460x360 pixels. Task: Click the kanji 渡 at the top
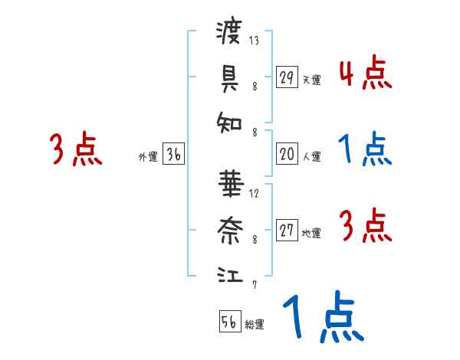click(229, 34)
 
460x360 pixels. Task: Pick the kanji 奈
click(229, 227)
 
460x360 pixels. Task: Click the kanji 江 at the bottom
click(229, 273)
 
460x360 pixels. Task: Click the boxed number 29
click(287, 77)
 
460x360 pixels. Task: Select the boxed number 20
click(287, 154)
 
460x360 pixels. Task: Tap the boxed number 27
click(287, 231)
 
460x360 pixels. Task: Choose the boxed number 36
click(173, 154)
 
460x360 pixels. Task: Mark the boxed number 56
click(229, 322)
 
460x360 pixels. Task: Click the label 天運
click(311, 80)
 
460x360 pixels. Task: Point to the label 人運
click(311, 156)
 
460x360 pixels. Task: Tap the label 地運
click(311, 233)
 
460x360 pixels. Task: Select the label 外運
click(148, 156)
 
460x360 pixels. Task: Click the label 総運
click(255, 324)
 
